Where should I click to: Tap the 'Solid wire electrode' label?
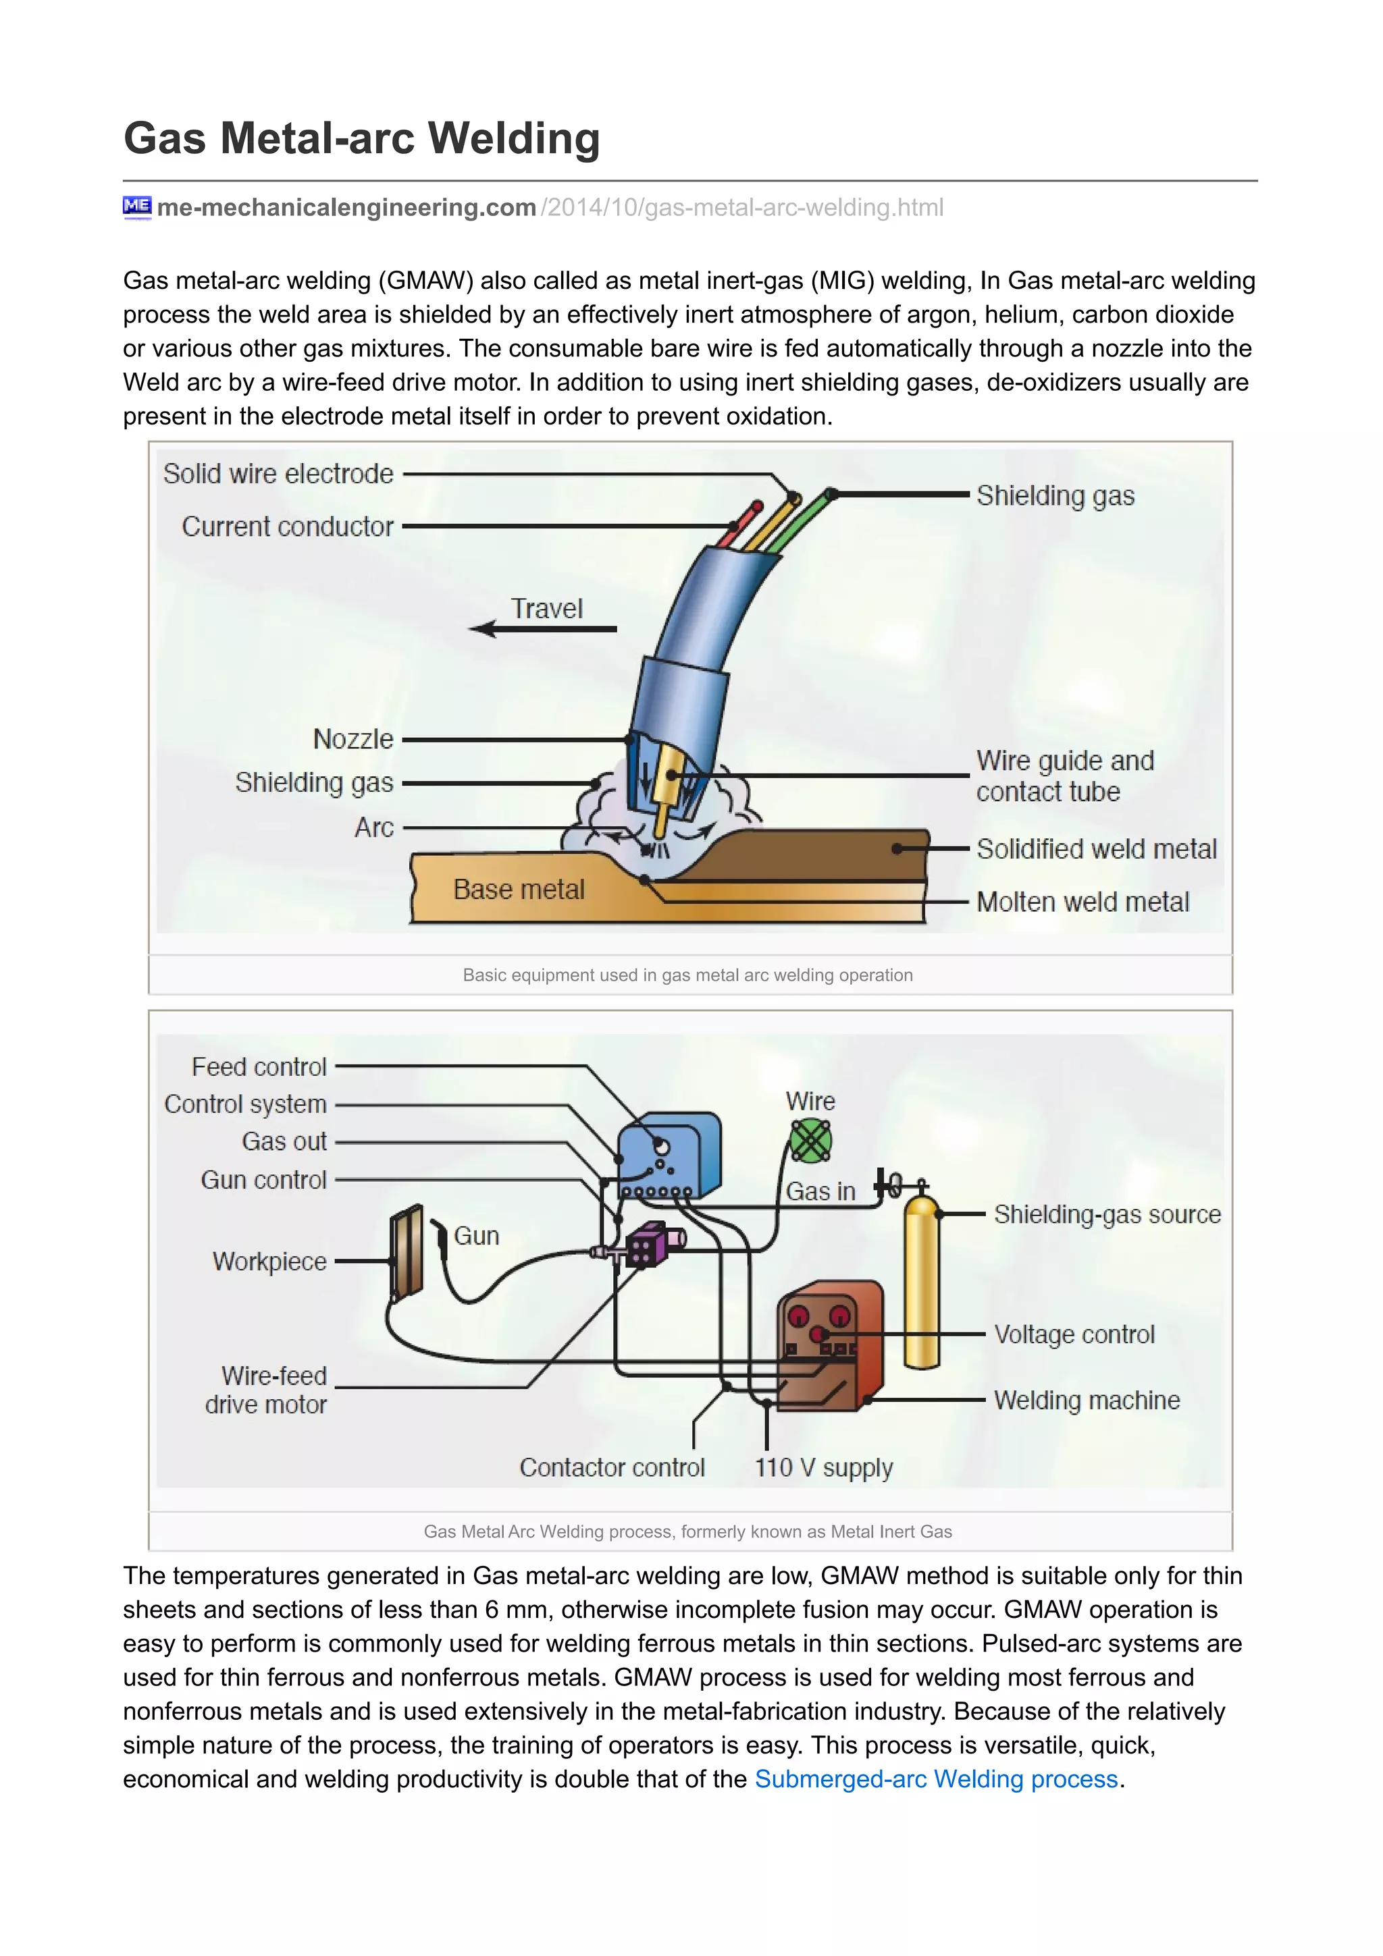[x=278, y=474]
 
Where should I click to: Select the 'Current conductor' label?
[x=287, y=526]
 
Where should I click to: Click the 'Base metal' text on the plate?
[x=518, y=890]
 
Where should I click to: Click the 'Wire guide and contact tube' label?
[x=1064, y=776]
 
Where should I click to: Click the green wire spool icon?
[x=810, y=1141]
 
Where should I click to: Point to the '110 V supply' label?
[x=823, y=1468]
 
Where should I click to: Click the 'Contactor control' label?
[x=612, y=1468]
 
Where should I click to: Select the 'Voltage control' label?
[x=1074, y=1334]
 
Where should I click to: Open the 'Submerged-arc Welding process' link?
[x=936, y=1780]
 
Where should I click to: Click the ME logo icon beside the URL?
[x=136, y=206]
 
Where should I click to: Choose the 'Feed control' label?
[x=259, y=1066]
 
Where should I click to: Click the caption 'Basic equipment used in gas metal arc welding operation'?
[x=687, y=975]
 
